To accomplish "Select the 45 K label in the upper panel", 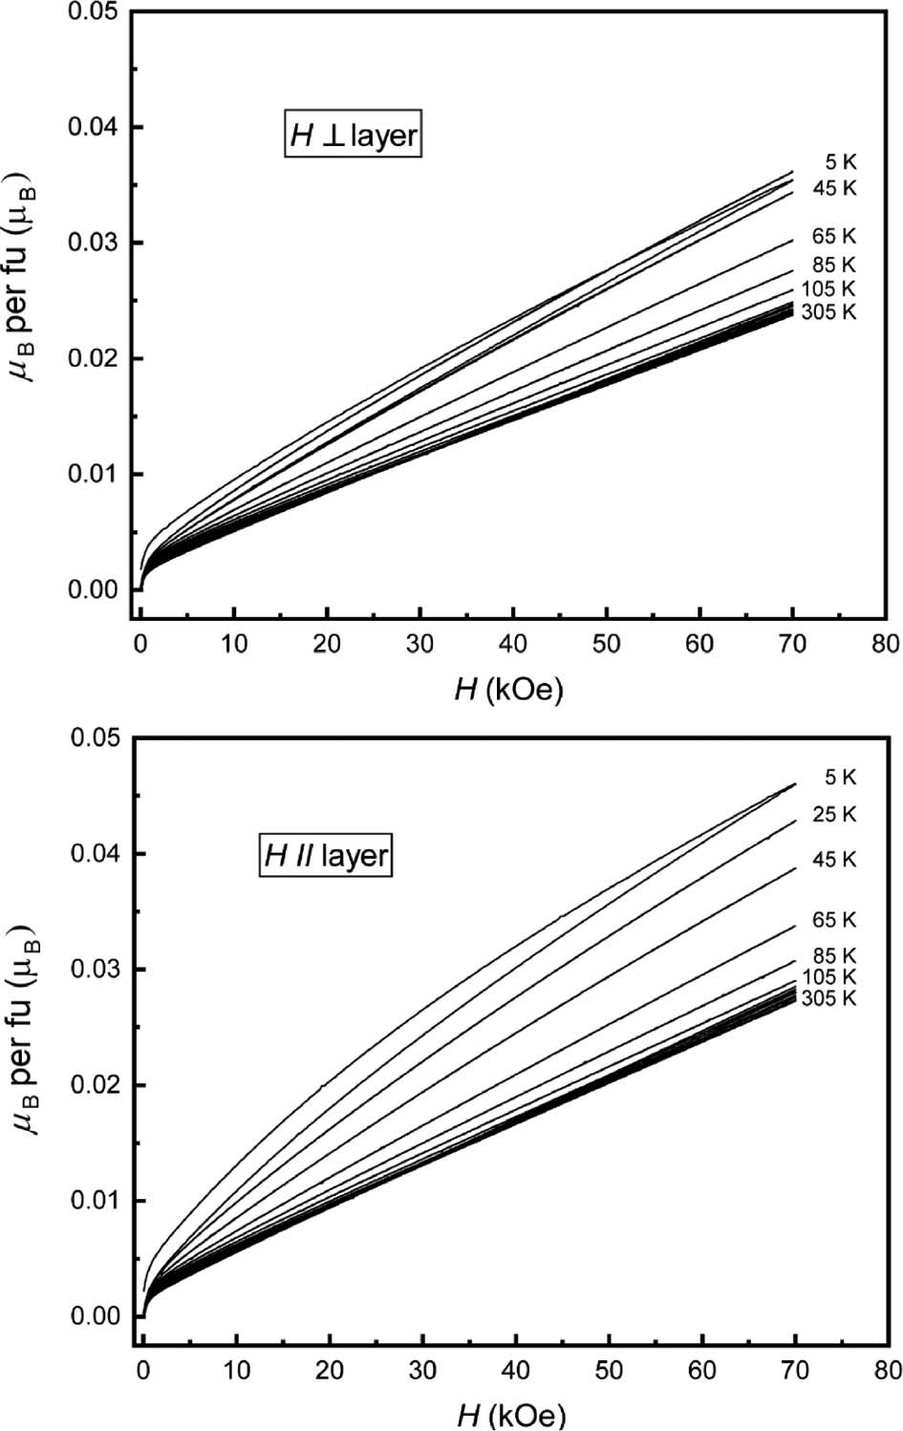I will (835, 187).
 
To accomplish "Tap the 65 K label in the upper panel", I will (835, 235).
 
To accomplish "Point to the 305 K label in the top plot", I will (829, 311).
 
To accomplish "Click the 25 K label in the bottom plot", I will (835, 814).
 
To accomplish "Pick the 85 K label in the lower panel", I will (835, 955).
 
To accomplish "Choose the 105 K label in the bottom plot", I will (829, 976).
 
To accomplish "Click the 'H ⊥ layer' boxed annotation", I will (354, 136).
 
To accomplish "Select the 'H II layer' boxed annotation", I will (325, 855).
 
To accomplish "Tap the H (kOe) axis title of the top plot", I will (508, 689).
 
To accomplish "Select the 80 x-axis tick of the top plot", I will (886, 643).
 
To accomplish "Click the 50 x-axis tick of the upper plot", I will (607, 643).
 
